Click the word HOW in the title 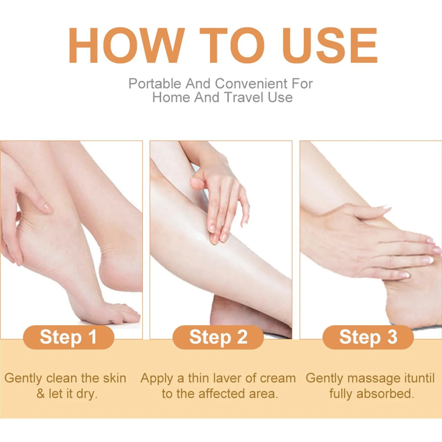pyautogui.click(x=127, y=46)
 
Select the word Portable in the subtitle pyautogui.click(x=155, y=83)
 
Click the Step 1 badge pyautogui.click(x=69, y=337)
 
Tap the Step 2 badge pyautogui.click(x=218, y=337)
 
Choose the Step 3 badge pyautogui.click(x=368, y=337)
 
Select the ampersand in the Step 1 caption pyautogui.click(x=40, y=394)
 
